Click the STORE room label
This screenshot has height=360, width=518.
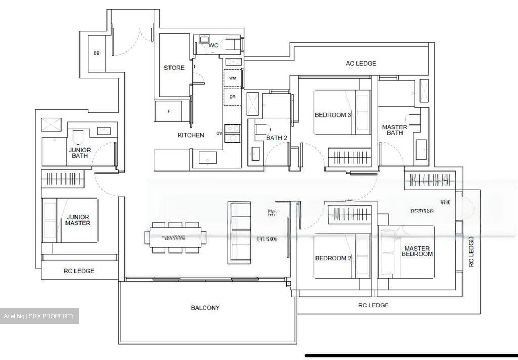coord(174,68)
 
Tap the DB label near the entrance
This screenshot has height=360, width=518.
coord(96,53)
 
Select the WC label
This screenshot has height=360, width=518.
coord(214,45)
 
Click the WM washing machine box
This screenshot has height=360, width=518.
coord(233,78)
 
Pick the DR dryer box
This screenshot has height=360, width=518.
coord(233,97)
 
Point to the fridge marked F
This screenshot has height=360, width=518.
coord(169,111)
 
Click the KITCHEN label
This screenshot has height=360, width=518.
coord(191,135)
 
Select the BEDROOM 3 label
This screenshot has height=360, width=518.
coord(333,115)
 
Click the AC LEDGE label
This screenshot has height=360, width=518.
coord(361,64)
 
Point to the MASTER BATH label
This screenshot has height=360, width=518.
coord(395,130)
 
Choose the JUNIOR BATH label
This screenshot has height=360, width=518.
coord(80,153)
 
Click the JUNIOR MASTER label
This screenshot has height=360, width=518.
coord(78,220)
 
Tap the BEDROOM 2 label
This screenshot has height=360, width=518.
coord(333,258)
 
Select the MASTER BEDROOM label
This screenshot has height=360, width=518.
coord(417,251)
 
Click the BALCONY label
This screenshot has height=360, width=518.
coord(205,308)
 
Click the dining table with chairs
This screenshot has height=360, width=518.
coord(176,237)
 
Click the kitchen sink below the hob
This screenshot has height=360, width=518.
coord(208,158)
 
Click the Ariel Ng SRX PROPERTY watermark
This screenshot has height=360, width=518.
coord(39,316)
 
